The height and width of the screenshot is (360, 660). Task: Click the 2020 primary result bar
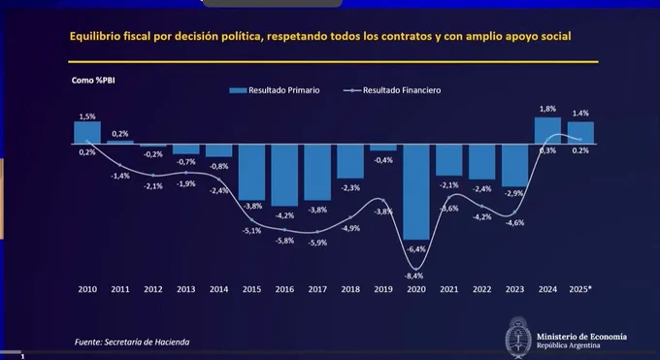pyautogui.click(x=416, y=192)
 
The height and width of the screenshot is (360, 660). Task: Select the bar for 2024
pyautogui.click(x=547, y=131)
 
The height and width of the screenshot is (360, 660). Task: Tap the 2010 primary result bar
pyautogui.click(x=87, y=133)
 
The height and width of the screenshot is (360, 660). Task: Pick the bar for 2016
pyautogui.click(x=284, y=176)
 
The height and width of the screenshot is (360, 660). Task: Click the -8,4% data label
pyautogui.click(x=413, y=277)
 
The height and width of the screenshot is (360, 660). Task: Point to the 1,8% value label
pyautogui.click(x=547, y=109)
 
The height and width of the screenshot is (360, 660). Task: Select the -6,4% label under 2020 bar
pyautogui.click(x=416, y=249)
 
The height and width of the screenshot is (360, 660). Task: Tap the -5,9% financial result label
pyautogui.click(x=317, y=243)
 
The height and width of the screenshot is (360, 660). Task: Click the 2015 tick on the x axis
pyautogui.click(x=251, y=289)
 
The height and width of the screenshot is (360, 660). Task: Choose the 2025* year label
pyautogui.click(x=580, y=289)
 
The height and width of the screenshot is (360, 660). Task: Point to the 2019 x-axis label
pyautogui.click(x=383, y=289)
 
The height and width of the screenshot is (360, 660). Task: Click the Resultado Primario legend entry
pyautogui.click(x=275, y=90)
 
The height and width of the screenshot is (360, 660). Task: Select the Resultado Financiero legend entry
pyautogui.click(x=392, y=90)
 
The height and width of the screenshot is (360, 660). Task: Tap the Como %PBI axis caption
pyautogui.click(x=93, y=81)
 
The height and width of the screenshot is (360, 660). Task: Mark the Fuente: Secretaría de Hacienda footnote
pyautogui.click(x=132, y=342)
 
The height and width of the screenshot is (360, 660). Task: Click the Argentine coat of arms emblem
pyautogui.click(x=517, y=338)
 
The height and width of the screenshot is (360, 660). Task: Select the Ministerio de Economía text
pyautogui.click(x=581, y=337)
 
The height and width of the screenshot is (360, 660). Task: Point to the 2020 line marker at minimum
pyautogui.click(x=416, y=270)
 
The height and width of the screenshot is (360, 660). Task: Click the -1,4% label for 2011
pyautogui.click(x=120, y=176)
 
